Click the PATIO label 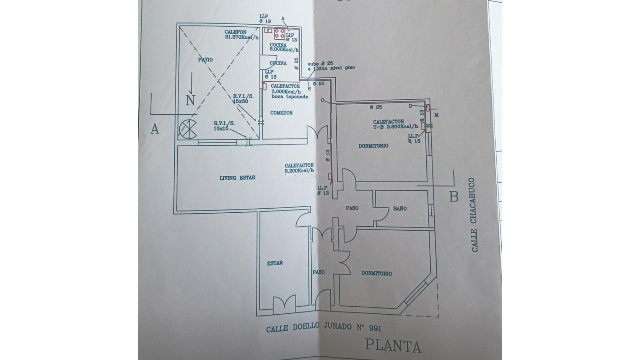coord(205,60)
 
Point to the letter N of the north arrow coord(190,100)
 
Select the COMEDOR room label coord(281,113)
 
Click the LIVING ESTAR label coord(237,178)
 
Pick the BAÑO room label coord(400,209)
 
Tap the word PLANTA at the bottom coord(393,346)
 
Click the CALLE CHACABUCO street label coord(474,215)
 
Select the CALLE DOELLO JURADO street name coord(323,328)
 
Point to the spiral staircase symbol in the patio coord(188,129)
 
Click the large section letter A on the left coord(154,129)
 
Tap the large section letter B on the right coord(454,197)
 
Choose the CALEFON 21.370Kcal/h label coord(241,35)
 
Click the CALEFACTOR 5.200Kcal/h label coord(299,168)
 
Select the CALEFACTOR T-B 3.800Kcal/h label coord(395,124)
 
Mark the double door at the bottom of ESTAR coord(284,305)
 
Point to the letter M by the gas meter coord(437,115)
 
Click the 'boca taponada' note coord(290,97)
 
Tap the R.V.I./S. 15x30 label coord(243,98)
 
